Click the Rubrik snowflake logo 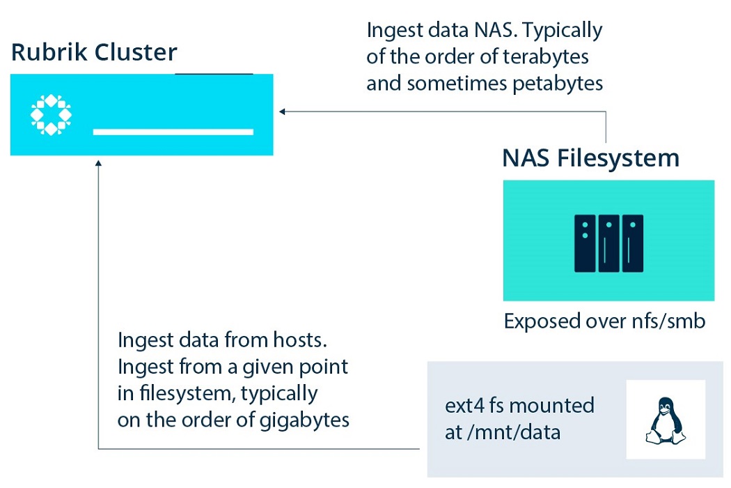pyautogui.click(x=51, y=114)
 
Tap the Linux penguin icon pyautogui.click(x=666, y=421)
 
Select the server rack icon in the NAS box pyautogui.click(x=608, y=243)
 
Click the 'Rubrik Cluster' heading pyautogui.click(x=94, y=52)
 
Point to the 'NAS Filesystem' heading pyautogui.click(x=590, y=158)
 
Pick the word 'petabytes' pyautogui.click(x=558, y=84)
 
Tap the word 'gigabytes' pyautogui.click(x=304, y=420)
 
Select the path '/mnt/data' pyautogui.click(x=514, y=432)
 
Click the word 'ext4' pyautogui.click(x=465, y=405)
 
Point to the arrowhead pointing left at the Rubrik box pyautogui.click(x=282, y=112)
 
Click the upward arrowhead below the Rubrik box pyautogui.click(x=98, y=163)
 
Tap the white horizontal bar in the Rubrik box pyautogui.click(x=173, y=132)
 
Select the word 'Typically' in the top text pyautogui.click(x=563, y=31)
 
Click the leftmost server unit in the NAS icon pyautogui.click(x=585, y=243)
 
